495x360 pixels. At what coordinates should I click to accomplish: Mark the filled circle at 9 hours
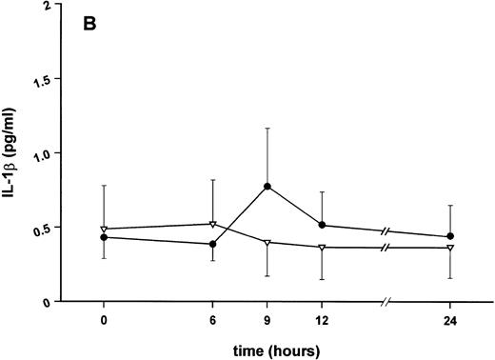pos(267,187)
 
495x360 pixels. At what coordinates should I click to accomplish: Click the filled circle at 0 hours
pos(103,237)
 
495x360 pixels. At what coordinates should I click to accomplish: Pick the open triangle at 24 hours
pos(449,248)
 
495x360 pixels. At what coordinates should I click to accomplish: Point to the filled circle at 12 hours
pos(322,226)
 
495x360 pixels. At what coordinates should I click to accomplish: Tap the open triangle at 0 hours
pos(103,230)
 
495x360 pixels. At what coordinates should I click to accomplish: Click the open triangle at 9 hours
pos(267,243)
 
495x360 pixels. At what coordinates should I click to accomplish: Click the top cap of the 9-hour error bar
pos(267,128)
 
